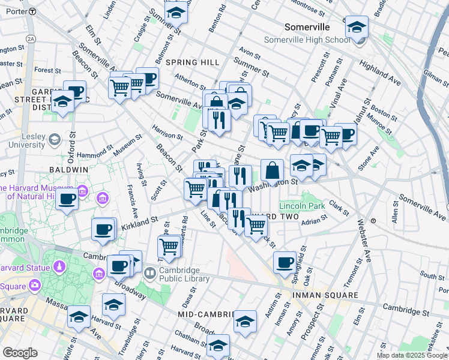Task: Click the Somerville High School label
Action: click(x=307, y=40)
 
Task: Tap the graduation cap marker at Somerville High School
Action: click(x=357, y=28)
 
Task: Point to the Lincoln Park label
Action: click(x=302, y=206)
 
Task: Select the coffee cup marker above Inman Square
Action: click(x=285, y=262)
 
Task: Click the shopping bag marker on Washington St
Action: click(x=272, y=170)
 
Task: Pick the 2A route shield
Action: click(x=31, y=38)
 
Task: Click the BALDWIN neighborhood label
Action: click(x=69, y=170)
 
